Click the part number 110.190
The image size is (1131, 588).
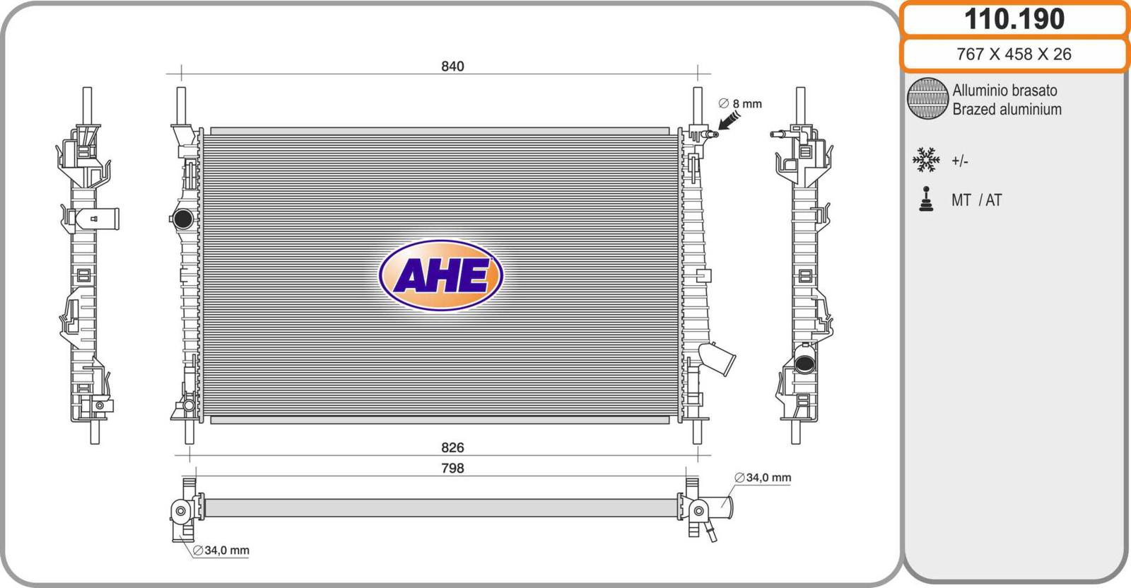pos(1014,19)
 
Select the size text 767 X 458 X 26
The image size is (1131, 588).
pos(1014,54)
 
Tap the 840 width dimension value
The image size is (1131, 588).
pos(452,67)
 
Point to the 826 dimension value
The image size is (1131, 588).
pos(452,447)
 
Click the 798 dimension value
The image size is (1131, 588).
pos(452,468)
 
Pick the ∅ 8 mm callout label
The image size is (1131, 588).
pos(740,103)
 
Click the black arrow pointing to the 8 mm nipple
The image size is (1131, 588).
pos(728,121)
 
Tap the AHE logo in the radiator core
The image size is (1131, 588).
pos(441,275)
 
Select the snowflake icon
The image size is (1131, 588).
pos(926,160)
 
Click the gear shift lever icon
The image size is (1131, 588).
pos(926,199)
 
